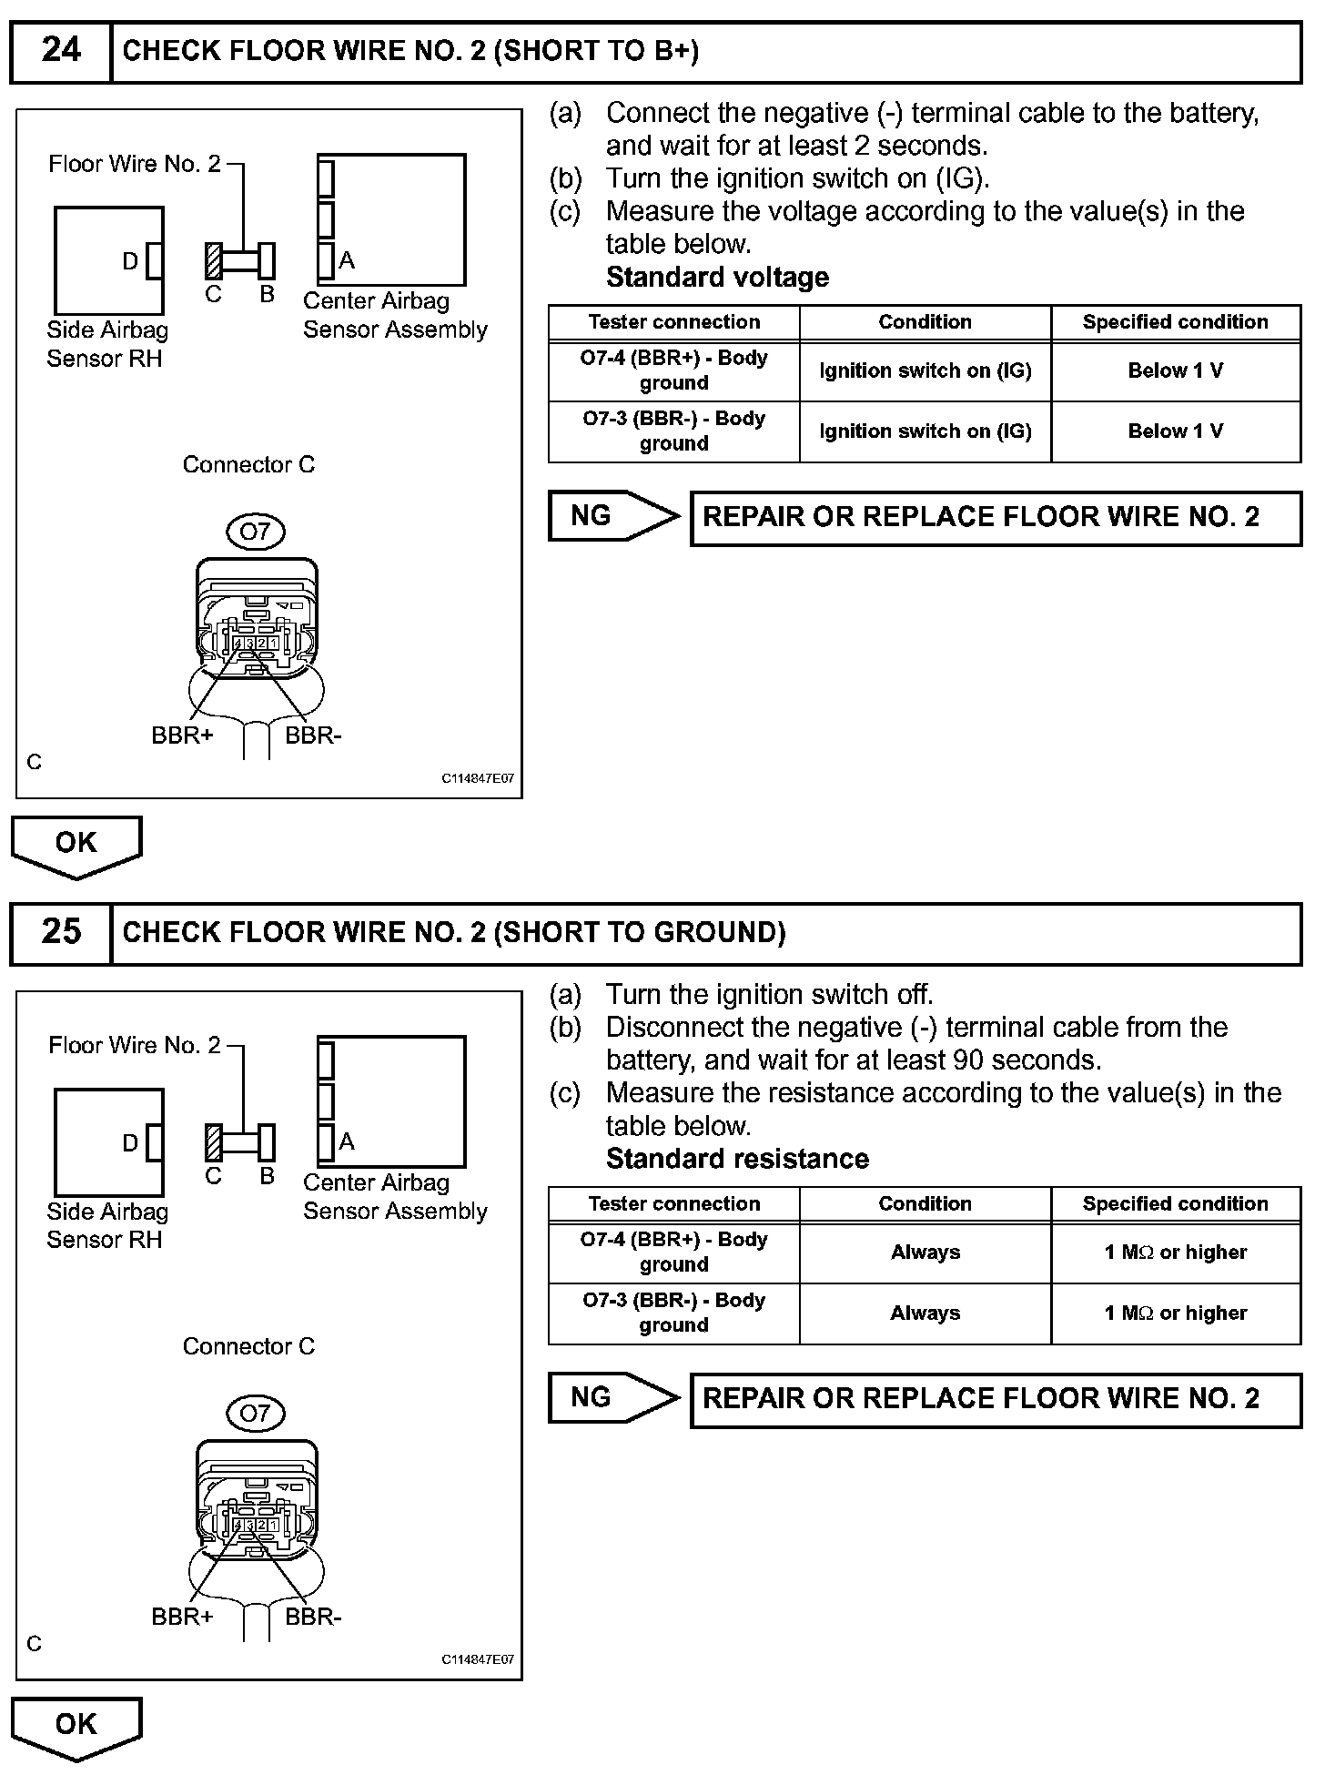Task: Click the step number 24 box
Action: [61, 50]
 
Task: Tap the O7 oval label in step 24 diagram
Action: [255, 532]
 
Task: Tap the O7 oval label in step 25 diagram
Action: [255, 1413]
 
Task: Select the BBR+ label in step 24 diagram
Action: [182, 735]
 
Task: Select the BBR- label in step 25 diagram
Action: [313, 1617]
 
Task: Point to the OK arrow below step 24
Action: [76, 844]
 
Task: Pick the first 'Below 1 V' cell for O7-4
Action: [1175, 370]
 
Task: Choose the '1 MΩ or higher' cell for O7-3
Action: [1175, 1313]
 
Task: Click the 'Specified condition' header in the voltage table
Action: [1175, 322]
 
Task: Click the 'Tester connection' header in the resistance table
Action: [673, 1203]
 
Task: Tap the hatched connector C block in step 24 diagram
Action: [214, 261]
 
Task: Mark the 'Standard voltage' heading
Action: [717, 277]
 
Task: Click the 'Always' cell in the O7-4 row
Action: [925, 1253]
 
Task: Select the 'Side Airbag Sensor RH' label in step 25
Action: [106, 1225]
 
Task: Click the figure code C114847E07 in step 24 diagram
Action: [478, 779]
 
